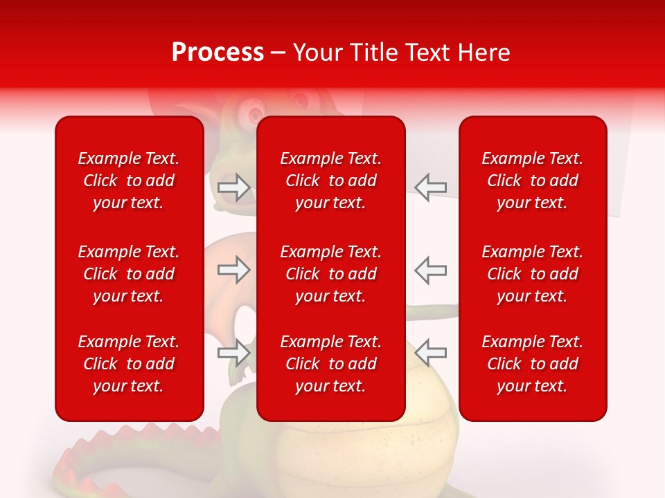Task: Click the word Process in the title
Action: (218, 53)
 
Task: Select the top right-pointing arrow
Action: (234, 187)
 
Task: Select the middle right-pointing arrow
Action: (234, 270)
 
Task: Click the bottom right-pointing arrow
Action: (234, 353)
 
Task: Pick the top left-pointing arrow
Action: (430, 187)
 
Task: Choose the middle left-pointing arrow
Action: (430, 270)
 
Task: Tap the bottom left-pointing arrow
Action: (430, 353)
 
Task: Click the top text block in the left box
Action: (129, 181)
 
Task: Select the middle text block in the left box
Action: (129, 274)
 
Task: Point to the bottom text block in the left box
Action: (129, 364)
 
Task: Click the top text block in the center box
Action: (330, 181)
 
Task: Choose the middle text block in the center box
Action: (330, 274)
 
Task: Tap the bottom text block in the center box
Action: (330, 364)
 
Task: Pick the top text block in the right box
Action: (532, 181)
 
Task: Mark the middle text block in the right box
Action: (532, 274)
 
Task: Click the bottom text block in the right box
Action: (532, 364)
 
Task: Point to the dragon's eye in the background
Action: (254, 112)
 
